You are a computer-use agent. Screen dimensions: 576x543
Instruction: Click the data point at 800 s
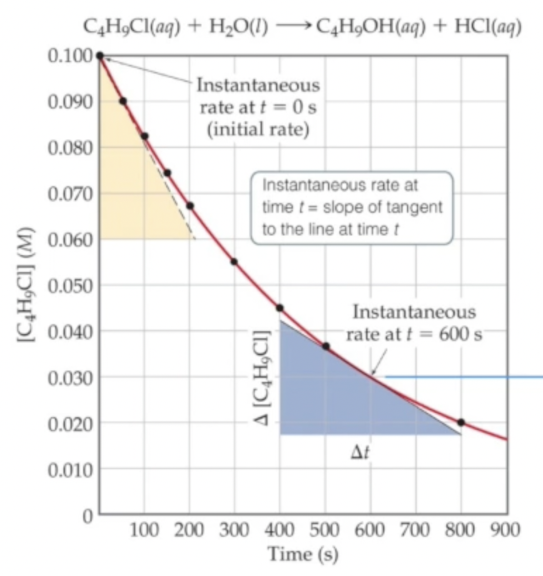tap(461, 423)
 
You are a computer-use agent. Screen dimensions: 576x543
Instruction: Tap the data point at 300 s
tap(234, 262)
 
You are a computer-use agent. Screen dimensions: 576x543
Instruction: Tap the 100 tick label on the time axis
tap(144, 530)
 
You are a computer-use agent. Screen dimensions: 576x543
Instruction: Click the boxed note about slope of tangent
tap(350, 207)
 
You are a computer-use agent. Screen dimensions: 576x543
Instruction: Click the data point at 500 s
tap(325, 346)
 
